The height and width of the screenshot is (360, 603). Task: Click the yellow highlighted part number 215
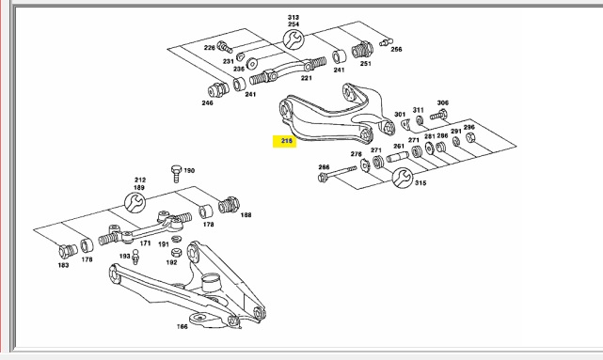pos(285,141)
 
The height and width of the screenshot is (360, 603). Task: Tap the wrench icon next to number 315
pos(403,178)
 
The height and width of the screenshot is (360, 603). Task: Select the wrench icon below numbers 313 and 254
pos(294,39)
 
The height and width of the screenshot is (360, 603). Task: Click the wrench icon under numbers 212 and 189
pos(135,202)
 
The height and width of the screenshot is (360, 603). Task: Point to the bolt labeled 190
pos(176,174)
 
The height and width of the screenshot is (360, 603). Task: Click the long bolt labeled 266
pos(338,174)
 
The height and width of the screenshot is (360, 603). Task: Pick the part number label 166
pos(182,326)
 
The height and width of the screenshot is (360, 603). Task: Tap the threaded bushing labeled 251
pos(362,50)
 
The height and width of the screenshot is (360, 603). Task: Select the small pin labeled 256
pos(386,42)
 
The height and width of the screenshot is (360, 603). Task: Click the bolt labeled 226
pos(225,47)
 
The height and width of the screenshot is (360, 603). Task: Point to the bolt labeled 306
pos(438,115)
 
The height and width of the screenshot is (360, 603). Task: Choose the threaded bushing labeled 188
pos(229,205)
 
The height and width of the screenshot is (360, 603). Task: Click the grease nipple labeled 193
pos(135,257)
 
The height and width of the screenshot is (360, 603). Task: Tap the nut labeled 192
pos(176,252)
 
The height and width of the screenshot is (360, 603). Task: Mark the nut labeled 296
pos(470,137)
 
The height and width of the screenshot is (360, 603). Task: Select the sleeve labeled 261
pos(397,157)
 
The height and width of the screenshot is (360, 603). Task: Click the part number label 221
pos(306,78)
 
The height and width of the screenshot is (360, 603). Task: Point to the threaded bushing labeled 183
pos(68,251)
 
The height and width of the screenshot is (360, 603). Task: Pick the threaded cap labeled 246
pos(218,90)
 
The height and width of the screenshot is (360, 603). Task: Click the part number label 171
pos(145,243)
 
